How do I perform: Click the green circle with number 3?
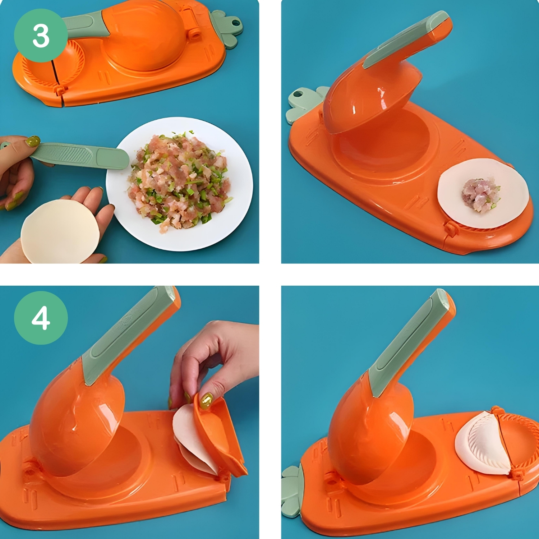pyautogui.click(x=41, y=36)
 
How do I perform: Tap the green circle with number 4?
pyautogui.click(x=41, y=318)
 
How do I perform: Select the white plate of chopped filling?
pyautogui.click(x=180, y=184)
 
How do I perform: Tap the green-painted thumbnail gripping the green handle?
pyautogui.click(x=33, y=141)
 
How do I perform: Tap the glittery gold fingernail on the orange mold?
pyautogui.click(x=206, y=401)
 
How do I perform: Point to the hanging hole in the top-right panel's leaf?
pyautogui.click(x=298, y=95)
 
